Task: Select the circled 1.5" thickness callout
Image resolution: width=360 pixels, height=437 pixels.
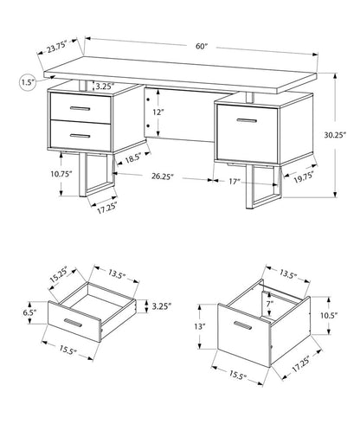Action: pos(27,82)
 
